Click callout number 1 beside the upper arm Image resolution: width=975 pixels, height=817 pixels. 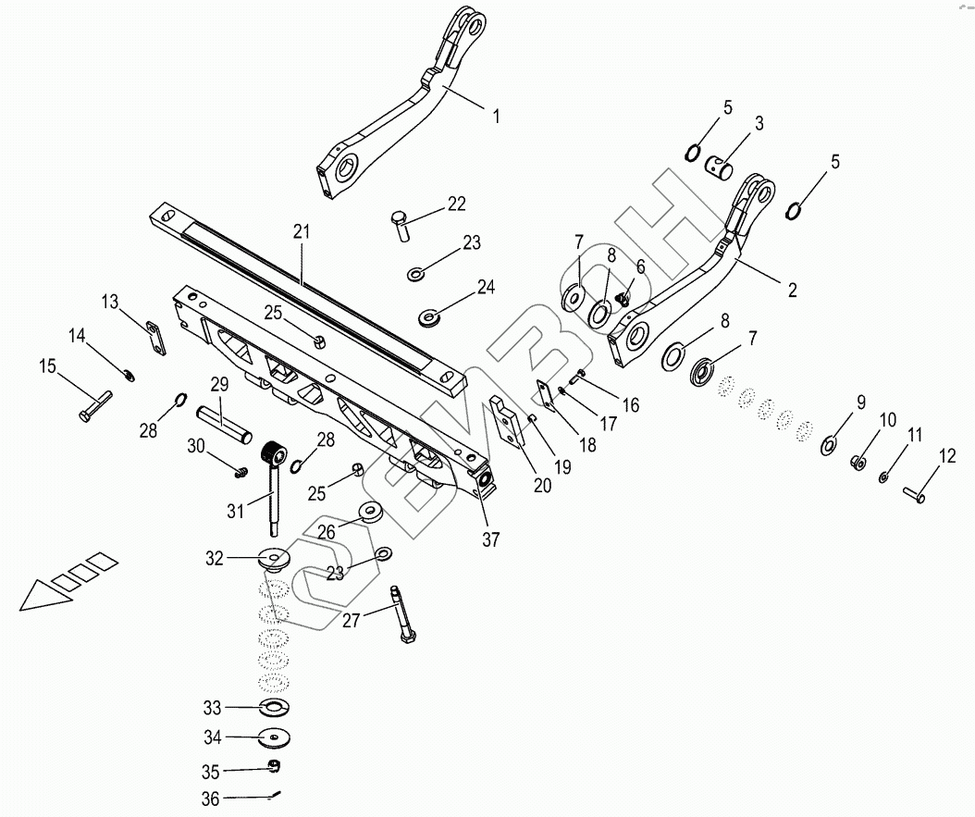[496, 117]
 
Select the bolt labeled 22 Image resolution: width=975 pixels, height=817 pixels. [401, 227]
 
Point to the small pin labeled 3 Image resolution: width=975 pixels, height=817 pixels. [720, 167]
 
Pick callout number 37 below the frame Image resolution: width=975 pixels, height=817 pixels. [491, 539]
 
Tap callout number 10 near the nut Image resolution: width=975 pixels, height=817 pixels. [887, 419]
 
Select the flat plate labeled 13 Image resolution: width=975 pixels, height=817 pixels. [155, 337]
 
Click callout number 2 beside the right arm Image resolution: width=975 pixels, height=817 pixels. [792, 289]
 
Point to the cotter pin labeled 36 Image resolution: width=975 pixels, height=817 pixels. [276, 794]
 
